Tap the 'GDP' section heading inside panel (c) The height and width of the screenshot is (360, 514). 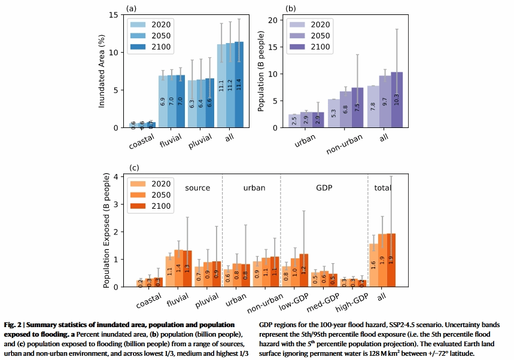pos(324,188)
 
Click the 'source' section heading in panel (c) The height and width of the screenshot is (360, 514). pos(197,188)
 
